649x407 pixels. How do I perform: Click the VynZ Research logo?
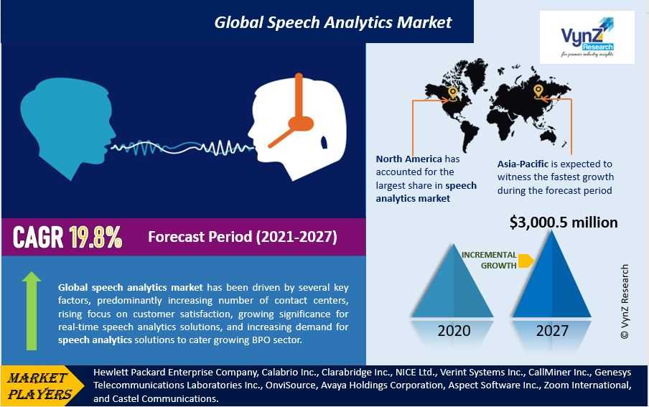[x=587, y=37]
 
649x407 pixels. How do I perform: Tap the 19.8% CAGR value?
[x=95, y=238]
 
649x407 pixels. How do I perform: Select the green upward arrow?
[x=32, y=311]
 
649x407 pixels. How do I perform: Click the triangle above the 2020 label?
[x=452, y=281]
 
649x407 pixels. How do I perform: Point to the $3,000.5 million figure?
[x=564, y=223]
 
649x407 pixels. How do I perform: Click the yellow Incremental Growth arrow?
[x=526, y=261]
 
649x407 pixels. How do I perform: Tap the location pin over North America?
[x=452, y=93]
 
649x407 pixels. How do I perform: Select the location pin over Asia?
[x=538, y=91]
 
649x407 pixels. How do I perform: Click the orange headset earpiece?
[x=301, y=123]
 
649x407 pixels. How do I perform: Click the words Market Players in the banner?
[x=39, y=385]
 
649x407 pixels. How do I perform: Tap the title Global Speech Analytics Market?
[x=333, y=22]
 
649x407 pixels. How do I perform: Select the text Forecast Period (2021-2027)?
[x=243, y=237]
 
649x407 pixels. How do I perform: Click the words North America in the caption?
[x=409, y=159]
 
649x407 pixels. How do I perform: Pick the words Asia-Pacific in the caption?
[x=523, y=164]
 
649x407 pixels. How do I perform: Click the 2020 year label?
[x=454, y=331]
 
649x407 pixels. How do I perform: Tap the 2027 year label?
[x=552, y=331]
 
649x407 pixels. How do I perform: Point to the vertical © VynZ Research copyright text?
[x=625, y=301]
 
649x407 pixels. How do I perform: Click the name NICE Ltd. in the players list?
[x=416, y=373]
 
